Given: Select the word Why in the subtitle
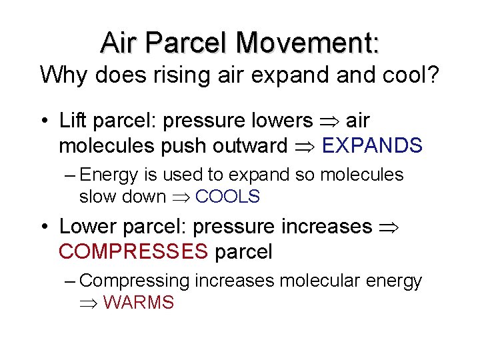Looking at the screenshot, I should click(64, 75).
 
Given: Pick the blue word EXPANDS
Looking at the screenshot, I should click(372, 145).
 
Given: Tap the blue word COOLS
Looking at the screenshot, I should click(227, 197).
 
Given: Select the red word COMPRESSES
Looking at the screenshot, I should click(133, 252).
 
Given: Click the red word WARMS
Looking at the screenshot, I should click(139, 303).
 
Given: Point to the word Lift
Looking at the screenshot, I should click(73, 121).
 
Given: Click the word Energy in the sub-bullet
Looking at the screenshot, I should click(108, 175).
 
